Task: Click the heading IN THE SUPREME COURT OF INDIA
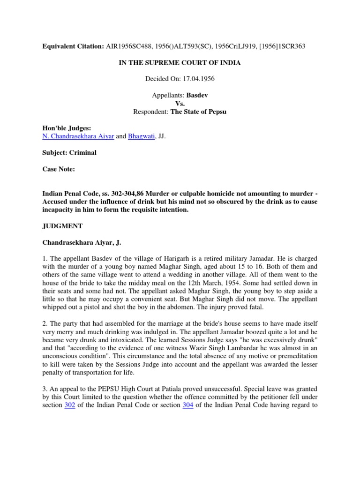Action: (x=180, y=62)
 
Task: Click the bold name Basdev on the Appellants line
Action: (x=197, y=95)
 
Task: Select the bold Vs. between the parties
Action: (x=180, y=104)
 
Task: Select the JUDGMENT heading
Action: (x=62, y=226)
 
